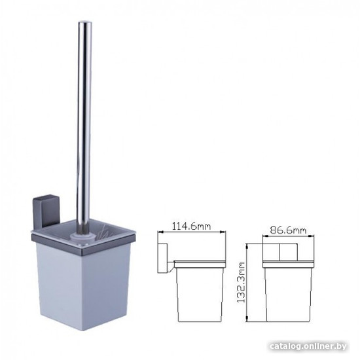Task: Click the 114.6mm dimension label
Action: [x=191, y=226]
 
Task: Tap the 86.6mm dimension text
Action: [x=288, y=230]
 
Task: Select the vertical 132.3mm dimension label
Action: [x=241, y=282]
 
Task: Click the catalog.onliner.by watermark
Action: [x=308, y=346]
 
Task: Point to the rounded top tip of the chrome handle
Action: [x=85, y=22]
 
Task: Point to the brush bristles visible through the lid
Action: [x=105, y=232]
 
